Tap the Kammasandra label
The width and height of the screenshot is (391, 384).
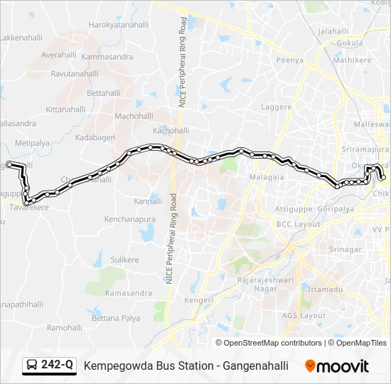point(107,56)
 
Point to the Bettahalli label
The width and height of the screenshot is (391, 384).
point(103,93)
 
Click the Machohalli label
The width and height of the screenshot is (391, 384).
point(134,116)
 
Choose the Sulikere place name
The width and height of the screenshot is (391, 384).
point(124,260)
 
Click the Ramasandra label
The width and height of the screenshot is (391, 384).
point(128,293)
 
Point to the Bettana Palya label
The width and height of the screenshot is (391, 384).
point(117,318)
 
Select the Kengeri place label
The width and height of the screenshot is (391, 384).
point(200,301)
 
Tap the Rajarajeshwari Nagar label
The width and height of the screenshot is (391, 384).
point(259,284)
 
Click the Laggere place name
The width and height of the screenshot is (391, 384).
point(276,107)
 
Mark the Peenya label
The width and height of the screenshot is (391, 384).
point(289,60)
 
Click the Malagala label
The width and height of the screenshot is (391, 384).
point(267,176)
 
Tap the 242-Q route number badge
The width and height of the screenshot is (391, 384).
point(49,366)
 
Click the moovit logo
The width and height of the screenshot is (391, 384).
point(337,366)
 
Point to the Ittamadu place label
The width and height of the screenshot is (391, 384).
point(325,289)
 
